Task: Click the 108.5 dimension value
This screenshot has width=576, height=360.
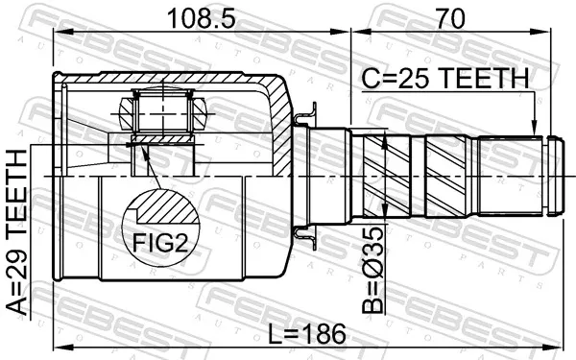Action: coord(201,18)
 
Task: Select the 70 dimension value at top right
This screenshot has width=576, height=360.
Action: coord(450,18)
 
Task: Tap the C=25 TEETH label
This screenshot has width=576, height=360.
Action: coord(445,79)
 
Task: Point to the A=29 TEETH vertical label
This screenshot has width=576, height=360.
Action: coord(17,232)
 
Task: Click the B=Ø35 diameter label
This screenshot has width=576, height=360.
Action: coord(372,270)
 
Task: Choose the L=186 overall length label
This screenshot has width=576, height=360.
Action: coord(307,334)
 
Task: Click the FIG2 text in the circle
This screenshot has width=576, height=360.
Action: coord(160,243)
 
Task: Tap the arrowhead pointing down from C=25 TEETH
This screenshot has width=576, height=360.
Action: coord(535,129)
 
